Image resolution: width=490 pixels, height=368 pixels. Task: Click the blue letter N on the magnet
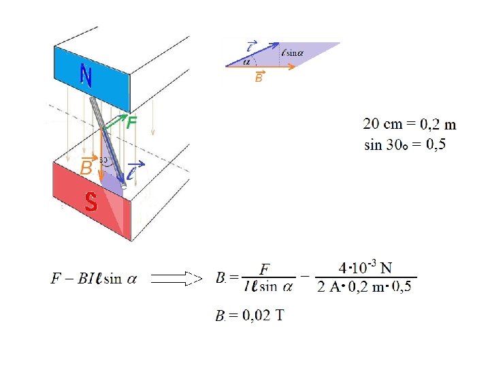(86, 75)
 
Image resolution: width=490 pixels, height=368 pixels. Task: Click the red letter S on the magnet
(91, 200)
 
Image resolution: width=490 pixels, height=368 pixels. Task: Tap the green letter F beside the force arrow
(131, 123)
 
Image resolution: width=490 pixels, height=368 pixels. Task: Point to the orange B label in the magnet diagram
(86, 167)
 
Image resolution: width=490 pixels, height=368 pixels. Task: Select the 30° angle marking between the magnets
(105, 161)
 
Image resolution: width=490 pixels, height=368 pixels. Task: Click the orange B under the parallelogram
(259, 78)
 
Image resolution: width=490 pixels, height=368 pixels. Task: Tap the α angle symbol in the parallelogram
(247, 61)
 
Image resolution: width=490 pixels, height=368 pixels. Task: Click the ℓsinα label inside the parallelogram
(291, 52)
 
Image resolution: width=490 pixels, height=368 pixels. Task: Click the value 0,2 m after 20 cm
(438, 124)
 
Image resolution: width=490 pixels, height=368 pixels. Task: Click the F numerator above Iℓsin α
(263, 269)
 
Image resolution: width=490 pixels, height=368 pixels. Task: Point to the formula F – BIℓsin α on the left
(94, 278)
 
